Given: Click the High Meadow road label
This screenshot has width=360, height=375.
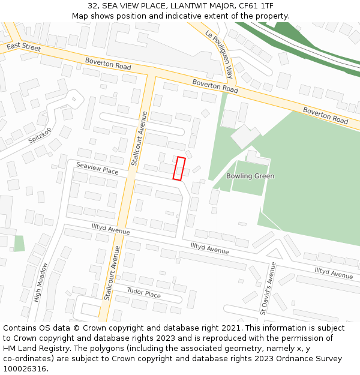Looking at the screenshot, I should (41, 281).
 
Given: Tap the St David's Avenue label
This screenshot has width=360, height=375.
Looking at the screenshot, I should (267, 288).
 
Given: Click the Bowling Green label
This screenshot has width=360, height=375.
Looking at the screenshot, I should (250, 176).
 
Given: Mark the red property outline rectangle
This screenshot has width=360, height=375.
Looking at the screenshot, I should (179, 169).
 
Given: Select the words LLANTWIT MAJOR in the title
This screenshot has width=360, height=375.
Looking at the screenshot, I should (202, 6).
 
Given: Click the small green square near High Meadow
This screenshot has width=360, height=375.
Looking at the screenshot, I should (19, 243).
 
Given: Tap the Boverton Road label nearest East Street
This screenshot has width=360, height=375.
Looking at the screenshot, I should (108, 64).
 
